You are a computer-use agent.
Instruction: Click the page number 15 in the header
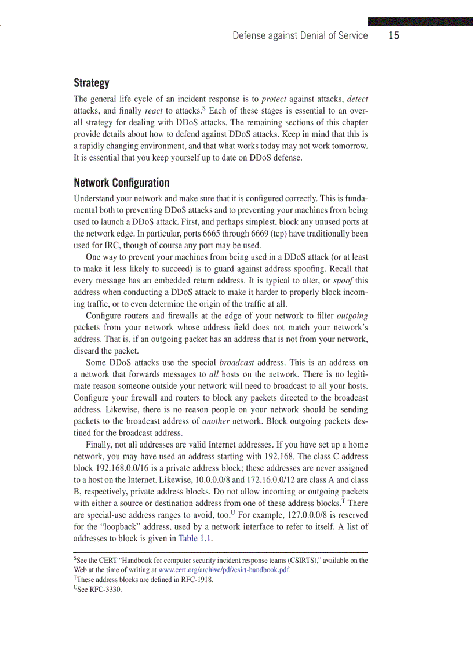(394, 35)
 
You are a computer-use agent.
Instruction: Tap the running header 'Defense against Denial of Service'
(300, 35)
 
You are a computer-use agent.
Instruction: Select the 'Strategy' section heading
(91, 83)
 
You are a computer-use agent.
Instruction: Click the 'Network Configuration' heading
(122, 183)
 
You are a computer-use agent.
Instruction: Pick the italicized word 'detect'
(357, 99)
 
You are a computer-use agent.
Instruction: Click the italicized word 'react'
(154, 111)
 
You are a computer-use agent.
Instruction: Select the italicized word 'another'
(216, 421)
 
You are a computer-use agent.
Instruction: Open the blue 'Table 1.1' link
(195, 539)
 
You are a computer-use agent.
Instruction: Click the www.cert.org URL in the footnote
(224, 570)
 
